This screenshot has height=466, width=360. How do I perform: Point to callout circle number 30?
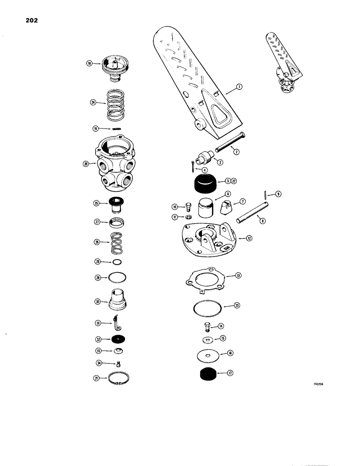click(x=98, y=302)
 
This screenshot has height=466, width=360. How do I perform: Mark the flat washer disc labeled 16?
click(x=206, y=354)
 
